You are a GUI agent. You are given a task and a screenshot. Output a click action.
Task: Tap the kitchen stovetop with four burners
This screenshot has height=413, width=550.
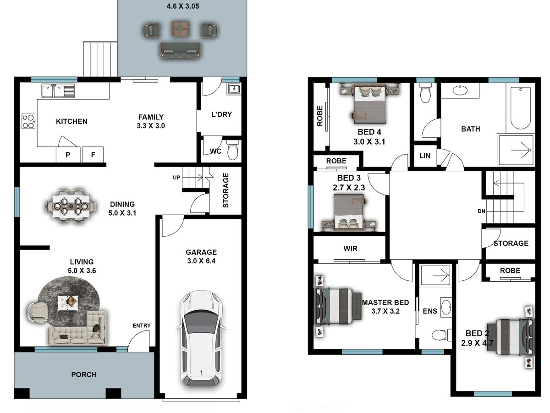click(x=28, y=121)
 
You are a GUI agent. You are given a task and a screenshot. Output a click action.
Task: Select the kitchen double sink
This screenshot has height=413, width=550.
click(x=58, y=91)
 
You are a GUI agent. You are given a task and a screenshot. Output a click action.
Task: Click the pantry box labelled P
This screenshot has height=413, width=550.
click(x=68, y=155)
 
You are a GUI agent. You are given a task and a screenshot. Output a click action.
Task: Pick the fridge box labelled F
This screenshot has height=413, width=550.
click(x=93, y=155)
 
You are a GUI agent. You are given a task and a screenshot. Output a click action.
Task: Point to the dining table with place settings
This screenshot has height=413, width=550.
click(x=71, y=206)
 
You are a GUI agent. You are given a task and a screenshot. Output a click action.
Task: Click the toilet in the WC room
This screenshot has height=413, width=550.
click(x=232, y=150)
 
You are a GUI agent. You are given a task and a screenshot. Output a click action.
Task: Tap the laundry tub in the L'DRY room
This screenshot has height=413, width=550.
click(x=234, y=89)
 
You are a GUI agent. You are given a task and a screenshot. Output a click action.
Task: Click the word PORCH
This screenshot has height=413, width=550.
click(x=84, y=374)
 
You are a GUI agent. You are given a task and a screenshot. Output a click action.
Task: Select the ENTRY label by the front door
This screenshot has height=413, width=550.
click(x=142, y=325)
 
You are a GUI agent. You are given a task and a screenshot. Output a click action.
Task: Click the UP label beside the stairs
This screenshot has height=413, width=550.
click(x=176, y=178)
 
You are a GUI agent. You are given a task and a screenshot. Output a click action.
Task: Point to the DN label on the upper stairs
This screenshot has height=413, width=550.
click(x=481, y=211)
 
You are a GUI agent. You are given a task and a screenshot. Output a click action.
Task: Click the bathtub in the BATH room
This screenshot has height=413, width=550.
click(x=521, y=108)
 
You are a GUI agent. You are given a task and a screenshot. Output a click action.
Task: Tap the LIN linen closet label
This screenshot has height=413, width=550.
click(x=425, y=156)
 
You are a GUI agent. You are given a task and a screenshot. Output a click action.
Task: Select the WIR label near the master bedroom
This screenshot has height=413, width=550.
click(x=350, y=249)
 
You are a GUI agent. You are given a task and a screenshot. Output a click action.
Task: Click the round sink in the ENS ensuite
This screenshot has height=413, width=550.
click(x=446, y=307)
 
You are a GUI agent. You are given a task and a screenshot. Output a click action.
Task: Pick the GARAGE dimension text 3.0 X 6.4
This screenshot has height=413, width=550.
click(x=201, y=261)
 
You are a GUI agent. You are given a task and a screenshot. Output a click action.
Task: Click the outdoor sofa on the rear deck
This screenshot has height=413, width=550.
click(x=180, y=50)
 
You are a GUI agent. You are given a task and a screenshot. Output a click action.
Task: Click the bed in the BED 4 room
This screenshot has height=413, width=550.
click(x=370, y=103)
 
